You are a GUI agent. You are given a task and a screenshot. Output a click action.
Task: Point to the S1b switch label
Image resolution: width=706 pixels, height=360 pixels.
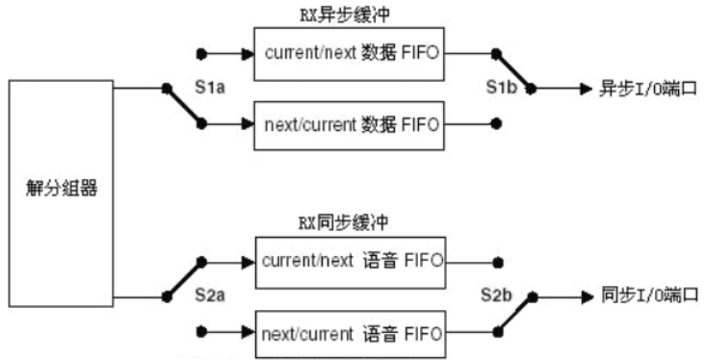506,88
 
